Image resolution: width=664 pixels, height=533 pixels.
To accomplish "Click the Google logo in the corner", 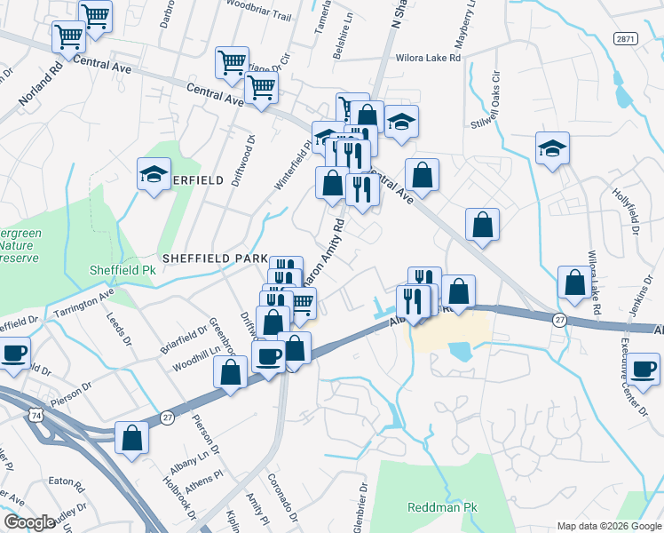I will click(29, 522).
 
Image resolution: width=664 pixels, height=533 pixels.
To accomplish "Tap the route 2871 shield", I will click(625, 37).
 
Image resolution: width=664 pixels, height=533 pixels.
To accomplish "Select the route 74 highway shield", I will click(36, 415).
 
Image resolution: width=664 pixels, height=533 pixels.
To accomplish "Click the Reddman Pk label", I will click(437, 508).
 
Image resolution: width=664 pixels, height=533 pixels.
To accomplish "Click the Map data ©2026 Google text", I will click(608, 525).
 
